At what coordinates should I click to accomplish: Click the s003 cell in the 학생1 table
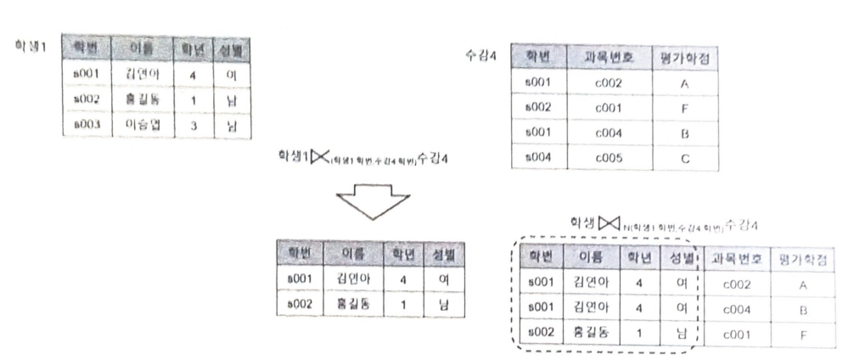[x=87, y=125]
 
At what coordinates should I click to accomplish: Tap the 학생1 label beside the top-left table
[x=31, y=43]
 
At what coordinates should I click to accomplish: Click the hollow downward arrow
[x=374, y=201]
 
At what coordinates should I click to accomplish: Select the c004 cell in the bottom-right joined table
[x=735, y=310]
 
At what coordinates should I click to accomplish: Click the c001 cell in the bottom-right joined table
[x=735, y=336]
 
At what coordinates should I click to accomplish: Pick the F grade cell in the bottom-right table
[x=802, y=336]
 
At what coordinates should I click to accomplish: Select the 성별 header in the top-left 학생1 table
[x=232, y=47]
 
